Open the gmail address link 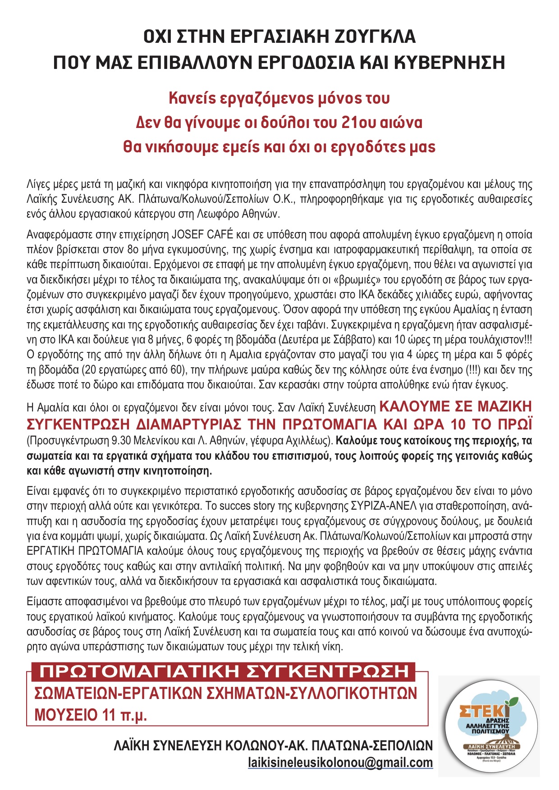click(340, 763)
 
